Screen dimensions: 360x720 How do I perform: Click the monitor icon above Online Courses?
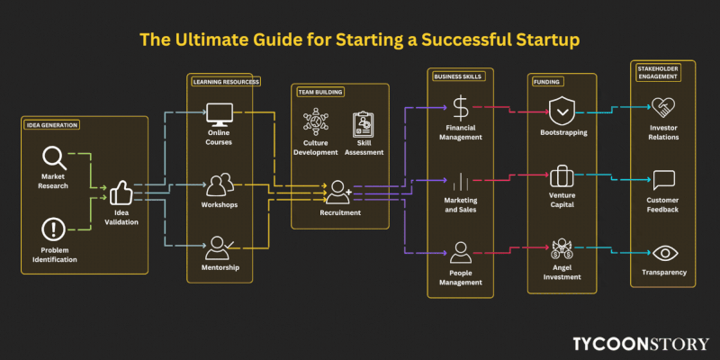coord(220,114)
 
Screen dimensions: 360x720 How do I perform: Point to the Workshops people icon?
coord(220,184)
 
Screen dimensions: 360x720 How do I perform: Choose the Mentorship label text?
coord(220,267)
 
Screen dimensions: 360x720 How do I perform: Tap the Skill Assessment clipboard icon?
coord(364,123)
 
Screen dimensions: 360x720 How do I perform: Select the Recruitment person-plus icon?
coord(339,191)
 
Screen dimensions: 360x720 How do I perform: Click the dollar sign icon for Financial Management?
coord(461,109)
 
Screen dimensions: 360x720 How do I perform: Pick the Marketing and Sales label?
coord(461,206)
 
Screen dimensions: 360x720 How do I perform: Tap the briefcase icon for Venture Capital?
coord(562,175)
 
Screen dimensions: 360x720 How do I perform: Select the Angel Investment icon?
coord(562,248)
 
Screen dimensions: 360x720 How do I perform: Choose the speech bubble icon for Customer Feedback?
coord(664,180)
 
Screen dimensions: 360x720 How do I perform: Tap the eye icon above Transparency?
coord(664,253)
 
